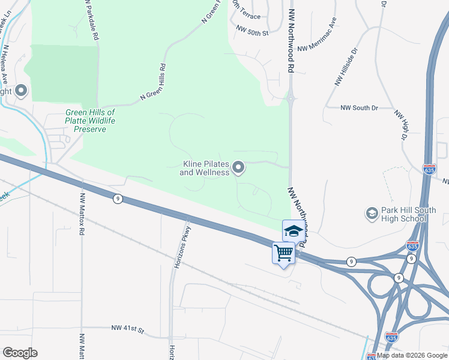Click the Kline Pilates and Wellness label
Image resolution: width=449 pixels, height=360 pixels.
coord(205,168)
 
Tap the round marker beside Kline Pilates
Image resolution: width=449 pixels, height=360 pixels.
coord(238,168)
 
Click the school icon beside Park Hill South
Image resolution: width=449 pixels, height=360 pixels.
coord(372,214)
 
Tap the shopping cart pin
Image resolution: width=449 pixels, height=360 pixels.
coord(283,253)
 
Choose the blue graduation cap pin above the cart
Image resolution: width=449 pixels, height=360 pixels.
coord(293,230)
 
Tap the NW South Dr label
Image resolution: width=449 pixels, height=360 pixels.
coord(359,108)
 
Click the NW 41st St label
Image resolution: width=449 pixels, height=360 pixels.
coord(128,329)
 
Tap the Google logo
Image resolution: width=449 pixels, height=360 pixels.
coord(20,353)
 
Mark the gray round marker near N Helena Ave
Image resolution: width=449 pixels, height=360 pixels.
coord(22,91)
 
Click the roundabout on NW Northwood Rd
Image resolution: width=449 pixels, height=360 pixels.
coord(290,97)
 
